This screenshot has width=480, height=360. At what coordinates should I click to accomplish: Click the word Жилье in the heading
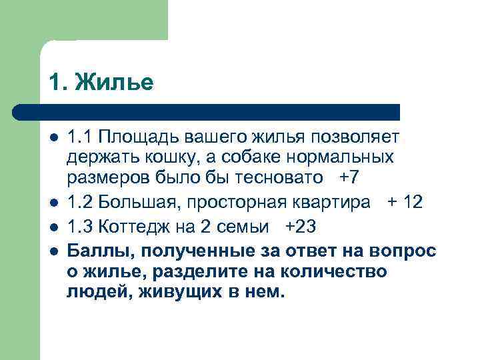(114, 82)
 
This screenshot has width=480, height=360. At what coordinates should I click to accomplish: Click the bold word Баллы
(95, 251)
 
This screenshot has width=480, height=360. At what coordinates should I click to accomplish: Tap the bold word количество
(347, 271)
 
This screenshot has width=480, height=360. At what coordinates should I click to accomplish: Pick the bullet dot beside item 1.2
(54, 203)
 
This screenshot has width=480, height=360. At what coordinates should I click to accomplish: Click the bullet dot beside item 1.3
(54, 227)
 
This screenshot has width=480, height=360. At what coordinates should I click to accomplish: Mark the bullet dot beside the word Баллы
(54, 251)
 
